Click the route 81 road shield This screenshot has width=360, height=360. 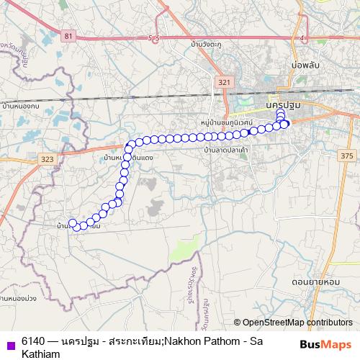(x=68, y=35)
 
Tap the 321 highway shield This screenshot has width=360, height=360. (x=224, y=83)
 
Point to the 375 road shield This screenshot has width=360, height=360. (x=347, y=156)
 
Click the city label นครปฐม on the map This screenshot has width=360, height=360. (x=283, y=104)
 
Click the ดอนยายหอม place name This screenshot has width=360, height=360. (x=311, y=276)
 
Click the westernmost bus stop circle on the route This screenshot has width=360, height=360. (x=72, y=222)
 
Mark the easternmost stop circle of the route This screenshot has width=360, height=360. (x=285, y=124)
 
